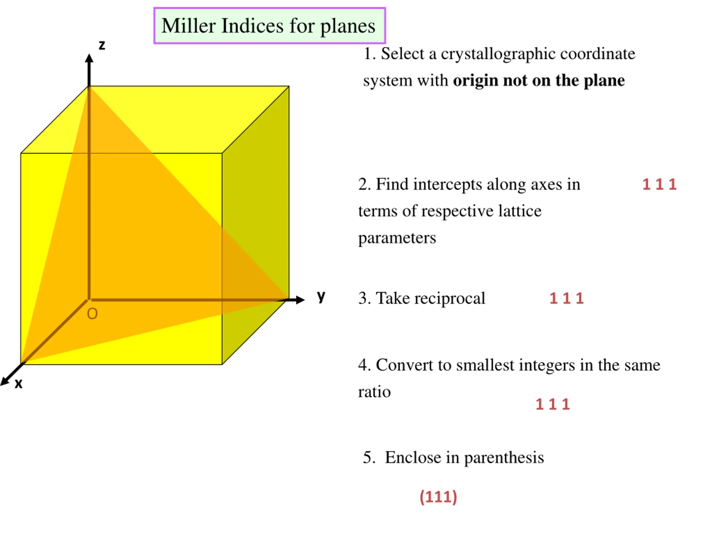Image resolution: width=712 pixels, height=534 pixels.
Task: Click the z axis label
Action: (102, 45)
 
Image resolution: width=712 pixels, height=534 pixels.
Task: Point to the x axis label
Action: (18, 384)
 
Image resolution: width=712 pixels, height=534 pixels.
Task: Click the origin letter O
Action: (92, 314)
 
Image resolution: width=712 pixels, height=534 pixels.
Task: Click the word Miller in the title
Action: (188, 26)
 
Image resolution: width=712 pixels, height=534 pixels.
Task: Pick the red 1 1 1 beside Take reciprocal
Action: (567, 298)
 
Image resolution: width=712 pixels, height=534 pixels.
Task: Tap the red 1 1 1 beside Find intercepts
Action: (659, 184)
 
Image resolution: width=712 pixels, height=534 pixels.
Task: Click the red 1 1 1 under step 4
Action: (553, 404)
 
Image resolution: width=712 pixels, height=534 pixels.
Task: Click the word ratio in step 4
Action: (374, 392)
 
